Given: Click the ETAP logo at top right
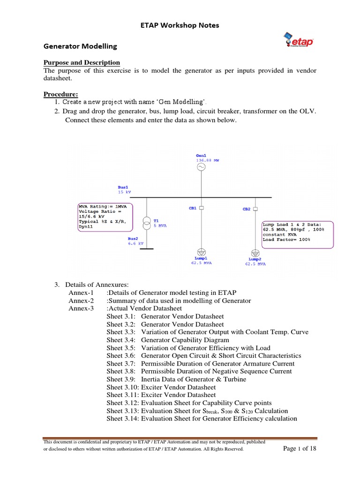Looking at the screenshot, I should tap(299, 40).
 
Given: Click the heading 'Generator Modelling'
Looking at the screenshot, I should tap(80, 46).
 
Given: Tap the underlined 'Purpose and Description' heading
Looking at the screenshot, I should tap(82, 62).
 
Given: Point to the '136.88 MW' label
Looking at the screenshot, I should tap(207, 160).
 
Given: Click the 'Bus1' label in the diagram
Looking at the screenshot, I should tap(123, 187).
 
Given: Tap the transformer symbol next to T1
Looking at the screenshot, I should tap(147, 221).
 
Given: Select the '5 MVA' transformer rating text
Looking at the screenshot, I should tap(160, 225).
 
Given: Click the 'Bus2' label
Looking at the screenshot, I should tap(133, 239).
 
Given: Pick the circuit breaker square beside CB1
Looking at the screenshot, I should tap(201, 208).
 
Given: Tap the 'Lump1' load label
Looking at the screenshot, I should tap(201, 258).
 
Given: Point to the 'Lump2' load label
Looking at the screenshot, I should tap(255, 259).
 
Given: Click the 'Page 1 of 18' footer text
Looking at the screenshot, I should tap(300, 449).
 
